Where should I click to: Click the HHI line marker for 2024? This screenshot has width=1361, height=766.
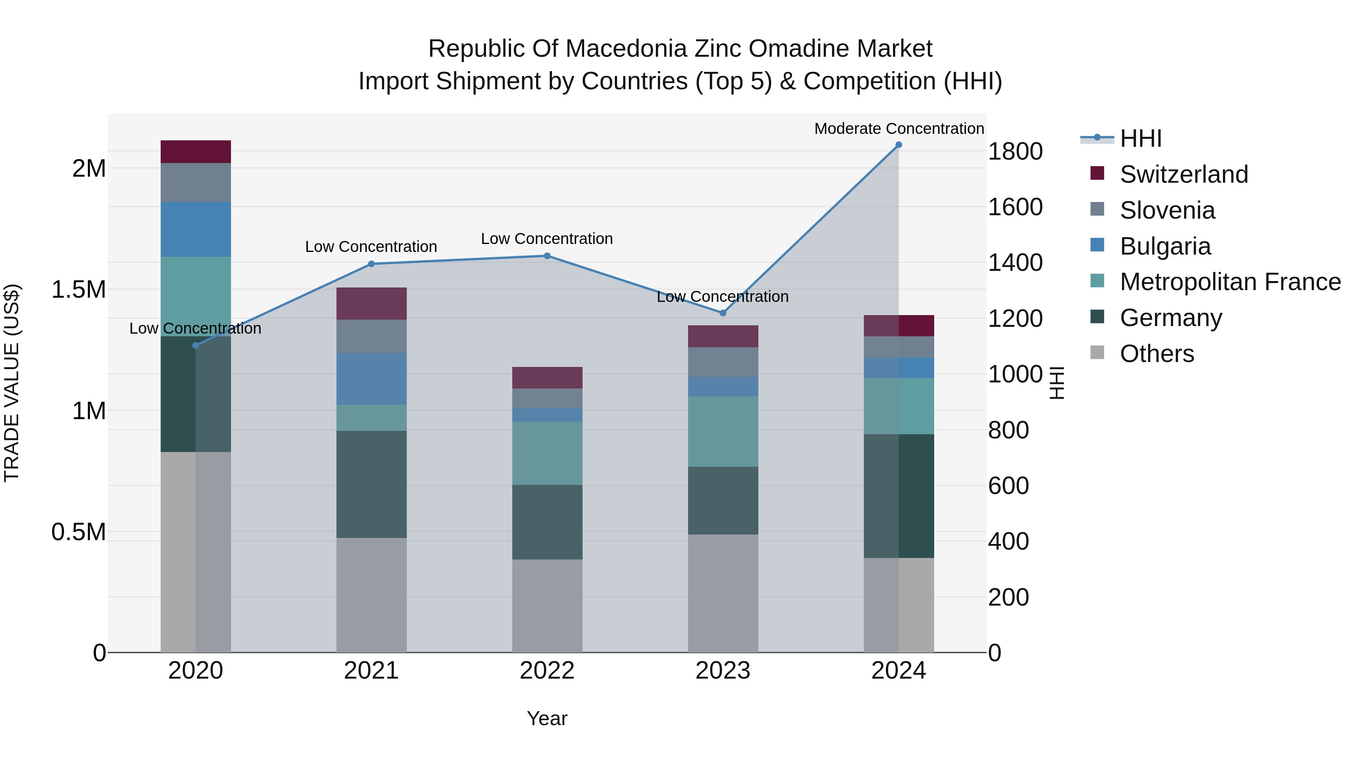point(898,145)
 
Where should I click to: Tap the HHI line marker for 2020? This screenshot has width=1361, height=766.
point(195,345)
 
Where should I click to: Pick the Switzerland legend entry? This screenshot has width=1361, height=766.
point(1183,174)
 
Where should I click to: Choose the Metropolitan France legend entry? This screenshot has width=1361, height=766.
point(1230,282)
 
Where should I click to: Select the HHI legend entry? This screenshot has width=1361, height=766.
point(1140,138)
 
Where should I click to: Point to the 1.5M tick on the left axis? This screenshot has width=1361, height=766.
point(79,290)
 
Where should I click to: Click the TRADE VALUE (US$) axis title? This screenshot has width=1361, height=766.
point(12,383)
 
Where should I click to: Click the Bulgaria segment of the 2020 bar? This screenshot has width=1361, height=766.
point(195,230)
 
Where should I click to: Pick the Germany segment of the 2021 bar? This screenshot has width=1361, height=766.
point(371,484)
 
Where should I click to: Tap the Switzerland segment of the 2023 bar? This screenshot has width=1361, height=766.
point(723,336)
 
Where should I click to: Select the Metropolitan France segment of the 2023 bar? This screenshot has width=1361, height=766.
point(723,431)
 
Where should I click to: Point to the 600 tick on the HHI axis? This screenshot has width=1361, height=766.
point(1008,486)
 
